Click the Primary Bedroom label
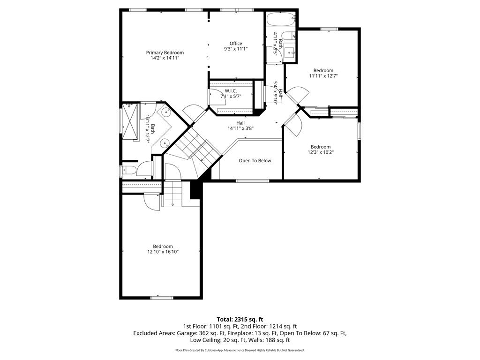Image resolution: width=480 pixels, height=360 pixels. click(x=165, y=52)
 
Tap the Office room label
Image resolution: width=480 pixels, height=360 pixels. click(x=236, y=44)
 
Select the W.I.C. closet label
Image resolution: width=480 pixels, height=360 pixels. click(x=231, y=91)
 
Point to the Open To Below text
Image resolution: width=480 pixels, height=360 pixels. click(x=255, y=161)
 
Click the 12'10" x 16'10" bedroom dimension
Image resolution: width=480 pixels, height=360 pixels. click(x=163, y=252)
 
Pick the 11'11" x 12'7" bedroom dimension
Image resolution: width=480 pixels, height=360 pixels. click(x=323, y=76)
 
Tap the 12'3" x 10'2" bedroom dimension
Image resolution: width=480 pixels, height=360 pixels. click(x=321, y=152)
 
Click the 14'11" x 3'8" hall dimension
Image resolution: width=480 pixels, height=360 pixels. click(x=240, y=128)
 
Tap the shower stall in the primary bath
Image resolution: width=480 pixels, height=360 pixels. click(x=131, y=121)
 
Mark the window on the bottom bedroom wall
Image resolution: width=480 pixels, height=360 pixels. click(x=162, y=298)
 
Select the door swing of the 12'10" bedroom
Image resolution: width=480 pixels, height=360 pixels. click(x=151, y=202)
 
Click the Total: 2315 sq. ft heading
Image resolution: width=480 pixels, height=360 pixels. click(x=240, y=320)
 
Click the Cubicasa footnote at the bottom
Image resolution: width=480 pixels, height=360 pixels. click(x=240, y=350)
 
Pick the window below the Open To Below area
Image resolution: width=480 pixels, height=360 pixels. click(x=253, y=180)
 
